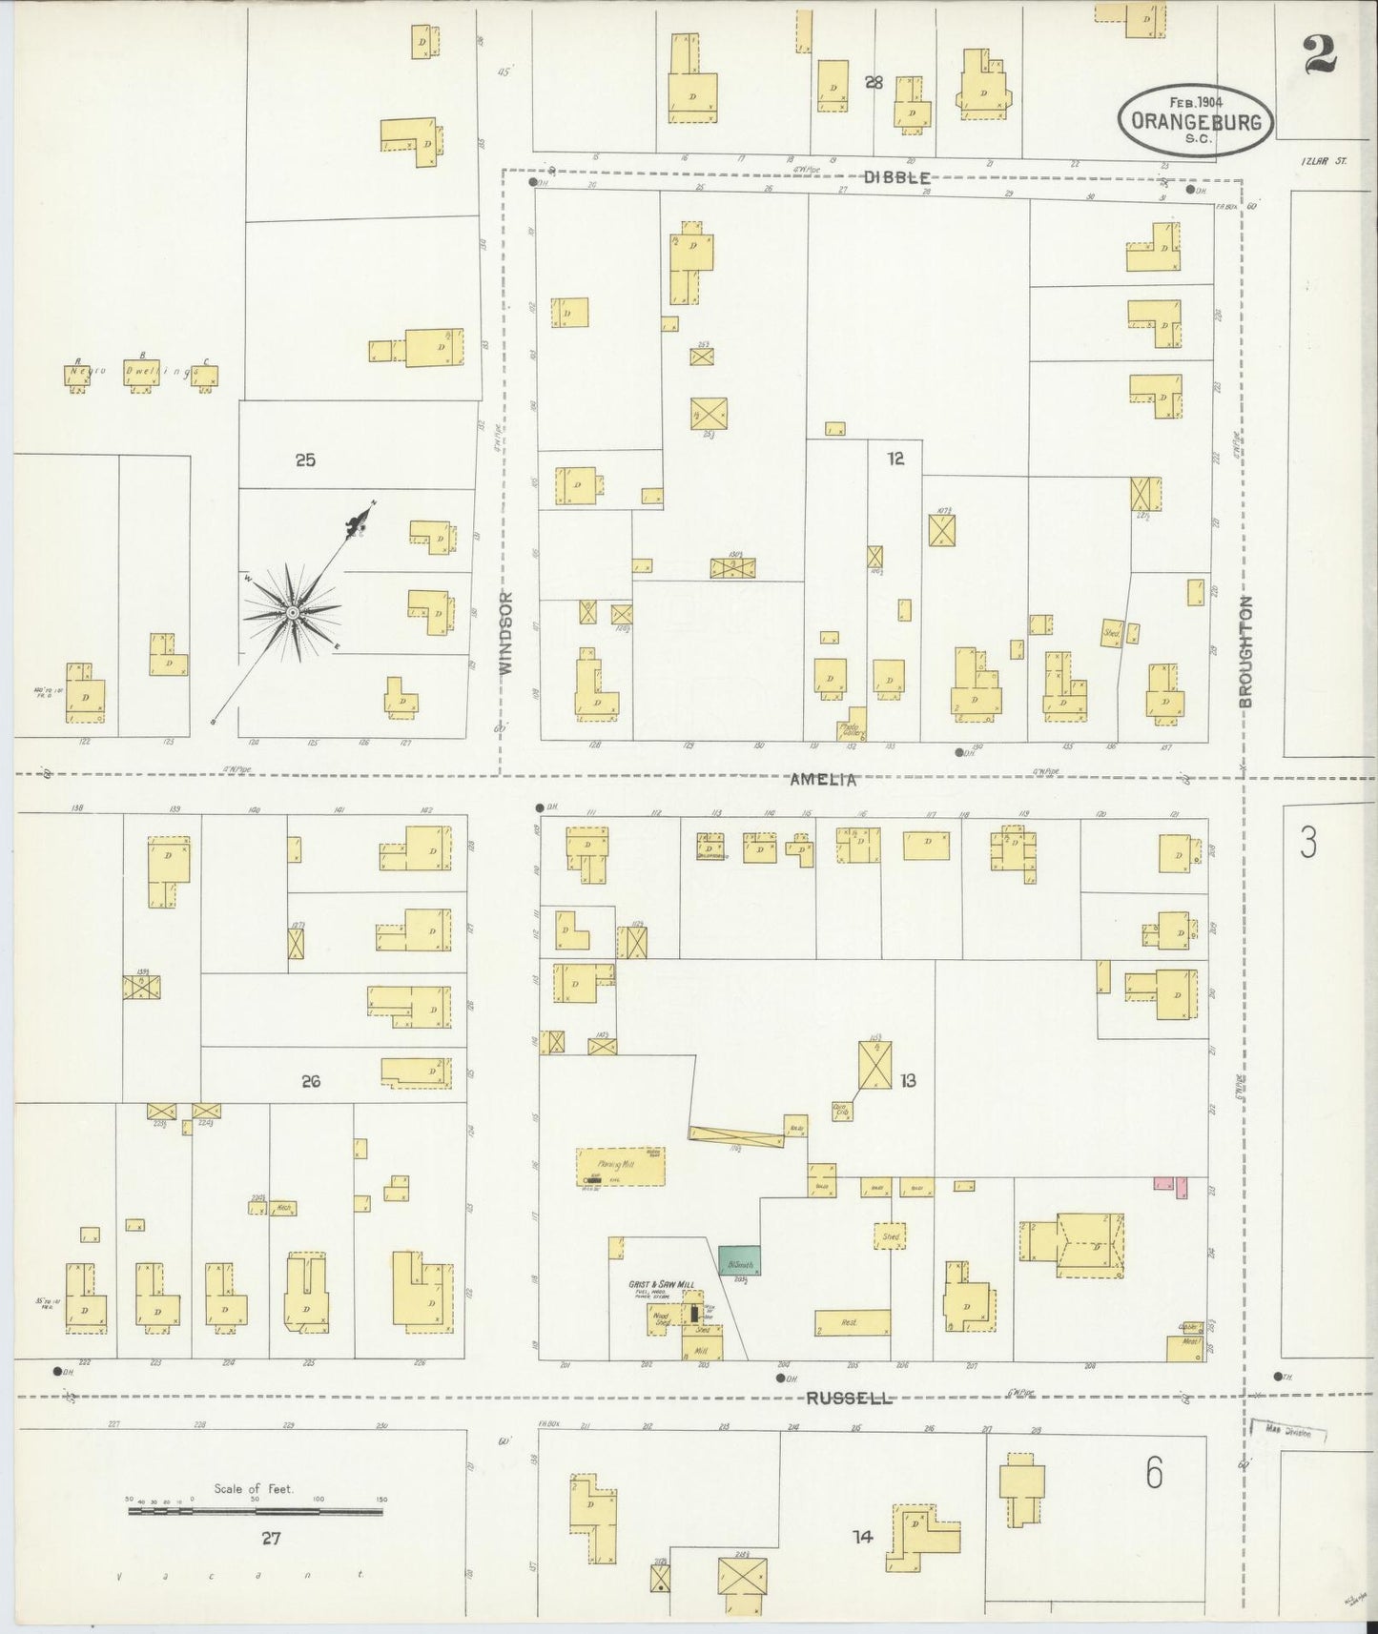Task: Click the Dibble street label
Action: (896, 176)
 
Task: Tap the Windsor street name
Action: (506, 632)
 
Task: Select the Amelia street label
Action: (823, 780)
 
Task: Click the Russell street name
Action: (849, 1399)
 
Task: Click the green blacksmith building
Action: (739, 1260)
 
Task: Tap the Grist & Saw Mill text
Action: (659, 1284)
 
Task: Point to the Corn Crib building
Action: (842, 1108)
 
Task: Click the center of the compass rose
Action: (293, 611)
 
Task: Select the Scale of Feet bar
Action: (255, 1511)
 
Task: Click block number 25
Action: (305, 460)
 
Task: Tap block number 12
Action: (895, 459)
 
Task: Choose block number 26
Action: (310, 1081)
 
